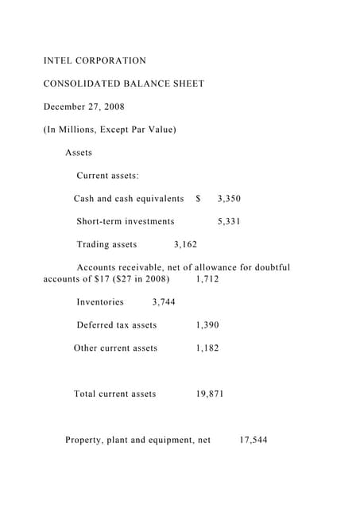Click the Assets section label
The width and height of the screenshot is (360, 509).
[79, 153]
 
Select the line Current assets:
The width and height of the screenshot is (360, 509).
[107, 176]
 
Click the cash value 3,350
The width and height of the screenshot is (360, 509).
[228, 199]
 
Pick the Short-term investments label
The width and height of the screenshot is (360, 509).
[125, 222]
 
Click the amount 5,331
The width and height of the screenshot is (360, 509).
[228, 222]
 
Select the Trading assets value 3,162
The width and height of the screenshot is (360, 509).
[185, 245]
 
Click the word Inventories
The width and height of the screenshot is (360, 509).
[100, 302]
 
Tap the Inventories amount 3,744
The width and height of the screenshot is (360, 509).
[163, 302]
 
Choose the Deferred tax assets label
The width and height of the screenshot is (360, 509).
[116, 325]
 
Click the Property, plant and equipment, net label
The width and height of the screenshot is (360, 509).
[137, 440]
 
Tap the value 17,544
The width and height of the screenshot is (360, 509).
[254, 440]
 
